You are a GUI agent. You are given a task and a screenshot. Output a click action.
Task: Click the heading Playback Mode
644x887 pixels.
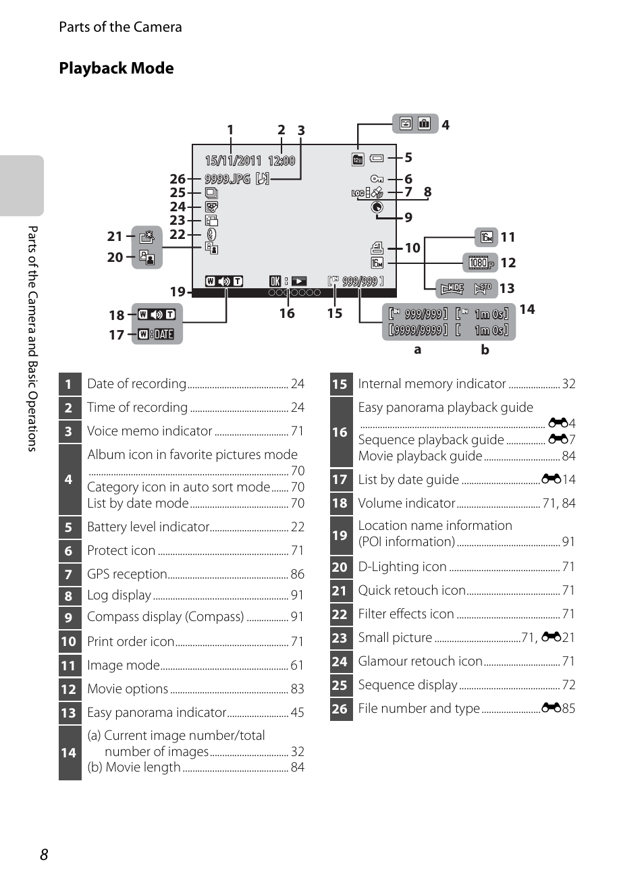point(116,68)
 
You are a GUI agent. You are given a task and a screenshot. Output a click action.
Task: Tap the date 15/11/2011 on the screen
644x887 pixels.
point(234,161)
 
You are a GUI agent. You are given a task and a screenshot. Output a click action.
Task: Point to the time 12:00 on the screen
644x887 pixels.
point(281,161)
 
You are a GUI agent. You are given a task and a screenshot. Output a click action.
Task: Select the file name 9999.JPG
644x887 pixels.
point(227,179)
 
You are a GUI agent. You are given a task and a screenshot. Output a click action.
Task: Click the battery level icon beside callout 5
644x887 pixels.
point(377,159)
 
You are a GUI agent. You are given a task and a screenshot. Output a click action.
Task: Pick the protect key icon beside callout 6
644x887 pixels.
point(377,179)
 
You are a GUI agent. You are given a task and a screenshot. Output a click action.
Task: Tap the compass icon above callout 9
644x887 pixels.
point(377,207)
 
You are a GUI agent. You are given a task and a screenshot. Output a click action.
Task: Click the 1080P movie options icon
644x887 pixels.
point(481,263)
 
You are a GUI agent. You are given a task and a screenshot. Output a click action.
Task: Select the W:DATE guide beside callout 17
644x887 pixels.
point(156,335)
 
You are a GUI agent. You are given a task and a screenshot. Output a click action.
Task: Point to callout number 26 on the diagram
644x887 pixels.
point(178,179)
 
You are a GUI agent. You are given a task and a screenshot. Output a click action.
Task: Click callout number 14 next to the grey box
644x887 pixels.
point(527,309)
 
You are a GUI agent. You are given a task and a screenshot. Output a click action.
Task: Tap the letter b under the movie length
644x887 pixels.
point(485,350)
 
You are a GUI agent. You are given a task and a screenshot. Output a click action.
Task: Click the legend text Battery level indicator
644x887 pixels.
point(148,527)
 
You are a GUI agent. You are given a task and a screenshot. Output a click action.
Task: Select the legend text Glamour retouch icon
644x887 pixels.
point(421,661)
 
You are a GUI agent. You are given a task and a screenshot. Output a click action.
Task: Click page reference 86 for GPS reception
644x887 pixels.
point(298,574)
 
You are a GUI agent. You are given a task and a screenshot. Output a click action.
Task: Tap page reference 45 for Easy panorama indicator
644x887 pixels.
point(298,712)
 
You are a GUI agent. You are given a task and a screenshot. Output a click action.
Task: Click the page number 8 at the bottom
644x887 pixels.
point(44,855)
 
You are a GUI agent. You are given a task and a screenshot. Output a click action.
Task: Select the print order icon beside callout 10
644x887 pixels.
point(377,248)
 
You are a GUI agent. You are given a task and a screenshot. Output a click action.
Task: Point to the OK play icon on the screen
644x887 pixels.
point(288,281)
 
